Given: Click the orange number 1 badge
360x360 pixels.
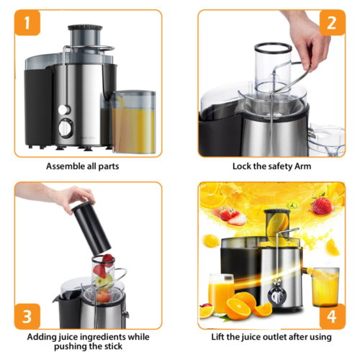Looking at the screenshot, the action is (x=27, y=22).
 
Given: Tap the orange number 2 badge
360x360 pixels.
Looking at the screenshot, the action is (x=332, y=22).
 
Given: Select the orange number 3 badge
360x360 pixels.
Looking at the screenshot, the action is (x=27, y=316).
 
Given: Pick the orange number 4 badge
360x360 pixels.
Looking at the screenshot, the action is (x=332, y=316).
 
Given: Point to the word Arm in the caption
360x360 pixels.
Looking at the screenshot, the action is (x=303, y=166).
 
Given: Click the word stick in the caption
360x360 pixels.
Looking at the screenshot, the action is (x=113, y=346).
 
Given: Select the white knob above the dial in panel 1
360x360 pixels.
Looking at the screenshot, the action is (x=64, y=109).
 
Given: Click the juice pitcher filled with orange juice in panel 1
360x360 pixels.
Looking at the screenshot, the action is (x=133, y=122).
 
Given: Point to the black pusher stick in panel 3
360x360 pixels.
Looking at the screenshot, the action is (x=91, y=228).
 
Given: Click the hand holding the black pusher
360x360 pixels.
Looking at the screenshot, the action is (x=72, y=196).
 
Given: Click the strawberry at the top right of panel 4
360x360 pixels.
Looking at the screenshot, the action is (x=322, y=206).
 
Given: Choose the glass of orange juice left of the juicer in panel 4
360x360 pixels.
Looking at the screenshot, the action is (x=220, y=294).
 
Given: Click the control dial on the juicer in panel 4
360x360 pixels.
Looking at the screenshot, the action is (x=278, y=296).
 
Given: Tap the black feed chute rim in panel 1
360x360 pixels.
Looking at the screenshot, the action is (x=85, y=27).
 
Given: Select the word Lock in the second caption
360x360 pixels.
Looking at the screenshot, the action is (x=242, y=166).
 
